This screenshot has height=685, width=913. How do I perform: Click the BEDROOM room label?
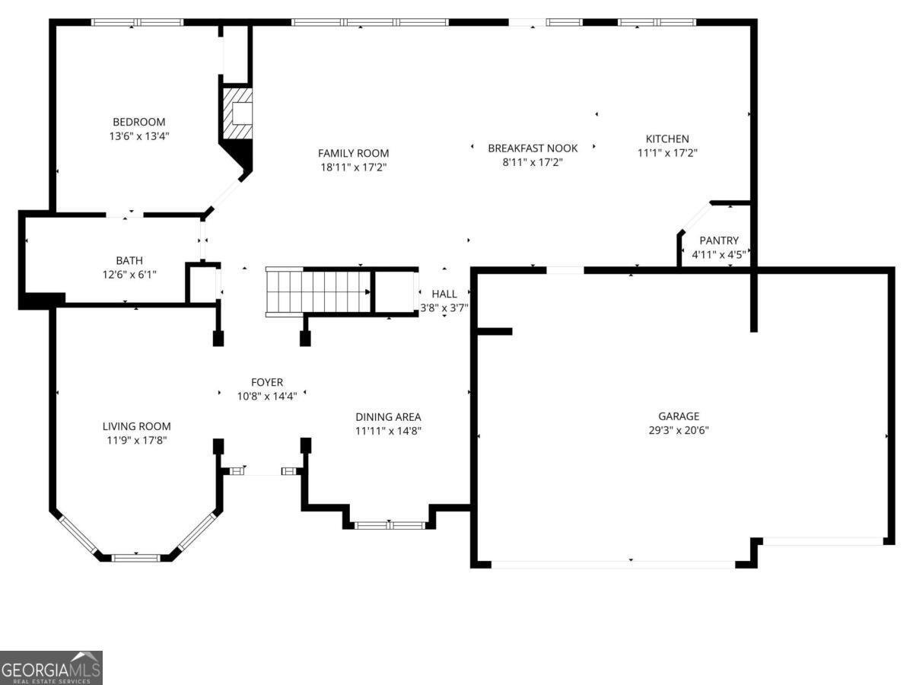[138, 122]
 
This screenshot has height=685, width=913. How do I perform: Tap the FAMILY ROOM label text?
[353, 153]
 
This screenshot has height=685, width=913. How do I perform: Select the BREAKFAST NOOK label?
[533, 148]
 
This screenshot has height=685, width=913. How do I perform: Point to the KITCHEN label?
[667, 139]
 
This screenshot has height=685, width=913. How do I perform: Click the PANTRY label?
[719, 241]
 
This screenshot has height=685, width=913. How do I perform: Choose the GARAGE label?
[678, 416]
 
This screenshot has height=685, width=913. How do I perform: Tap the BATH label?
[129, 260]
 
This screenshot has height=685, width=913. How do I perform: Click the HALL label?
[444, 294]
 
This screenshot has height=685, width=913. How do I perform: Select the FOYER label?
[267, 382]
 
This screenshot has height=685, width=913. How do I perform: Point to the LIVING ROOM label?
[136, 426]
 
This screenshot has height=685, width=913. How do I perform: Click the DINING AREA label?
[388, 417]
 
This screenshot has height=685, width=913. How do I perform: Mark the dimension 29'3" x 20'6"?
[678, 430]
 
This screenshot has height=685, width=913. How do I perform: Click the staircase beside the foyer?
[318, 291]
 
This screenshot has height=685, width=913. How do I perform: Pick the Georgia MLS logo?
[51, 667]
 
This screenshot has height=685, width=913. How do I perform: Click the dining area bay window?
[390, 524]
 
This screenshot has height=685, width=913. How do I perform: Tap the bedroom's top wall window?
[138, 22]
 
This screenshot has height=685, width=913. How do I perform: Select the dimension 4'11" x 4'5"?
[719, 254]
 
